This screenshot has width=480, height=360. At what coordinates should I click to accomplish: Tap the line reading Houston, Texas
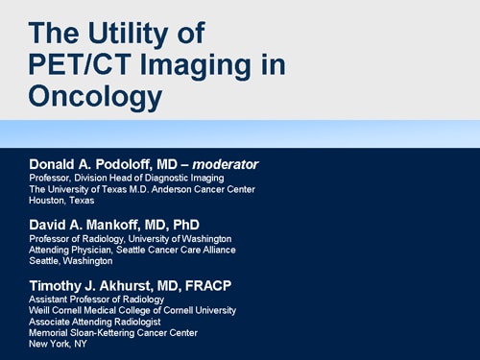61,201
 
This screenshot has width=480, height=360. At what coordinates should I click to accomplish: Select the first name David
50,225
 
